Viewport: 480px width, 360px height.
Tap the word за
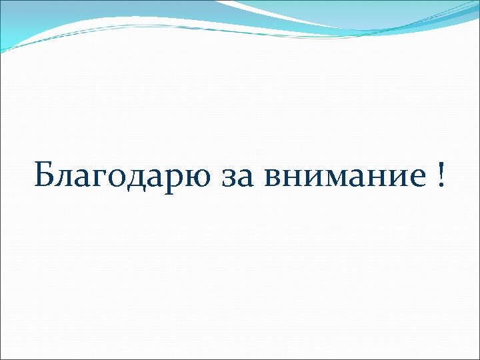click(233, 179)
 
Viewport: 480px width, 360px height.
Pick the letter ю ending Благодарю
click(189, 179)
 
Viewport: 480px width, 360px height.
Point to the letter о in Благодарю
click(115, 179)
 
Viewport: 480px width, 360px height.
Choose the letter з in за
click(225, 179)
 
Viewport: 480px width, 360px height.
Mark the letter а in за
click(240, 179)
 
